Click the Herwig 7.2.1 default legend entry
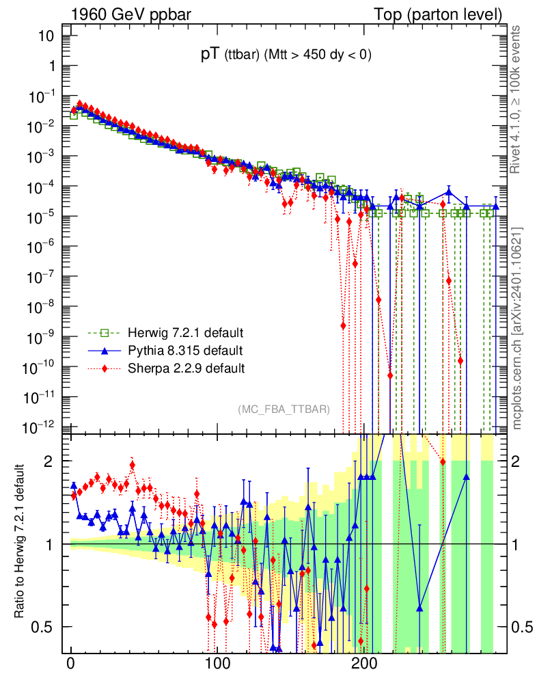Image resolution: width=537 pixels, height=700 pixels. (185, 334)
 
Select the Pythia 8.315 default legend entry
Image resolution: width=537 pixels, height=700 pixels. (185, 351)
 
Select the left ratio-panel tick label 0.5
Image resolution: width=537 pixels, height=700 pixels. (42, 627)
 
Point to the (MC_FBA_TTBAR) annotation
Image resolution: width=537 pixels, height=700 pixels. (284, 409)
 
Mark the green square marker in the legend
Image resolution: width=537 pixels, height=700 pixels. (105, 334)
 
